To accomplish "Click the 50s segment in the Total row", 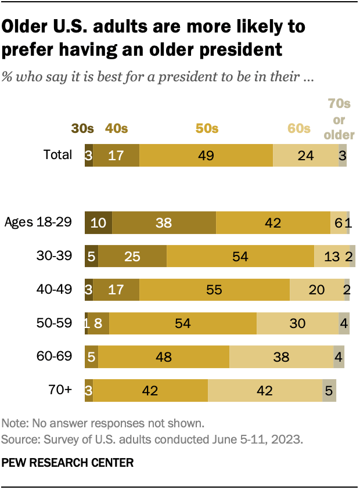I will (206, 156).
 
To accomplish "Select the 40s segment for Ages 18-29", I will (164, 222).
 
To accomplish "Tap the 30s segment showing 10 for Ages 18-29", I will (98, 222).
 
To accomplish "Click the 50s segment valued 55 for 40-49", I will (214, 289).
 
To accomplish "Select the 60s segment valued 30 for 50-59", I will (297, 323).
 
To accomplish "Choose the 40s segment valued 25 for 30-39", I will (132, 256).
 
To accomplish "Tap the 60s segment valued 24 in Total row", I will (305, 156).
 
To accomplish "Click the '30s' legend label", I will (82, 129).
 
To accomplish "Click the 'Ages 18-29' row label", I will (38, 222).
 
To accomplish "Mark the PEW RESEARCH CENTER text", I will (67, 463).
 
